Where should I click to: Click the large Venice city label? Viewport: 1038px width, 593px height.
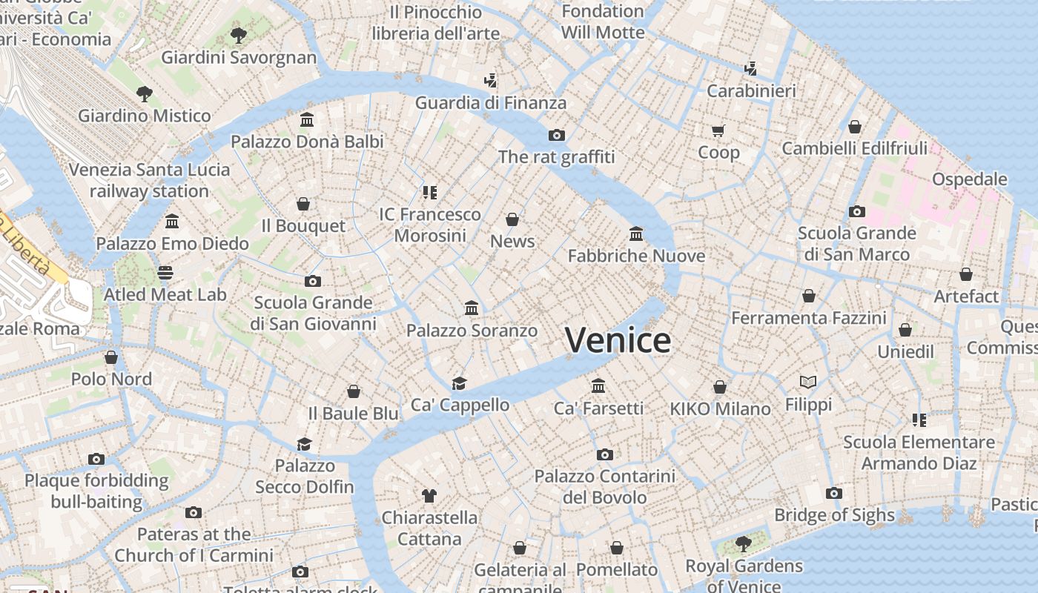618,340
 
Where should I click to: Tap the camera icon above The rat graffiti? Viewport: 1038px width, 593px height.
557,135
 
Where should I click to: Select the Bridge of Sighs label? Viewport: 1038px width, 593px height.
834,515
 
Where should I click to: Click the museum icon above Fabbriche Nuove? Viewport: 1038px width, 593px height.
636,234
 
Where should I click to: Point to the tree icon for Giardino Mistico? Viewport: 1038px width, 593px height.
145,93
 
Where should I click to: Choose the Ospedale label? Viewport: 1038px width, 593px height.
969,179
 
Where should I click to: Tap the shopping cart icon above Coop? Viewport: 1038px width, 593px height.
718,131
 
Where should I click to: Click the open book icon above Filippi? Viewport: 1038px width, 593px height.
808,382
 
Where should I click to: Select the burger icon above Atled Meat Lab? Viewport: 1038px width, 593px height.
165,273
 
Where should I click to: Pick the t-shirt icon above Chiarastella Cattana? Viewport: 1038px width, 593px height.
429,495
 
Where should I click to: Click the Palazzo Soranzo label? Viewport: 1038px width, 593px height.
472,331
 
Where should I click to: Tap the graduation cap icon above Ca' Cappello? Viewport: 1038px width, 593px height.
460,383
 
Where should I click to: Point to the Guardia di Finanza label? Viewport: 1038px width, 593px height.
490,103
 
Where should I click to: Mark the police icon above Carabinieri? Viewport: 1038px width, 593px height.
750,69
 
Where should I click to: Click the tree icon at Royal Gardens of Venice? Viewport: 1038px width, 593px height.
743,544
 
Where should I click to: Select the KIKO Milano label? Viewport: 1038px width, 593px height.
720,408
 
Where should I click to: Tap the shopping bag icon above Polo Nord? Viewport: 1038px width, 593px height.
111,357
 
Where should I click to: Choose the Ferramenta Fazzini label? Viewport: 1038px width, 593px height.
809,318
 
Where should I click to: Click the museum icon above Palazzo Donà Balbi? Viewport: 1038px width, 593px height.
307,119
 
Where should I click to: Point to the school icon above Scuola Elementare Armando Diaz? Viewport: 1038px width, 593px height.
919,420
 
